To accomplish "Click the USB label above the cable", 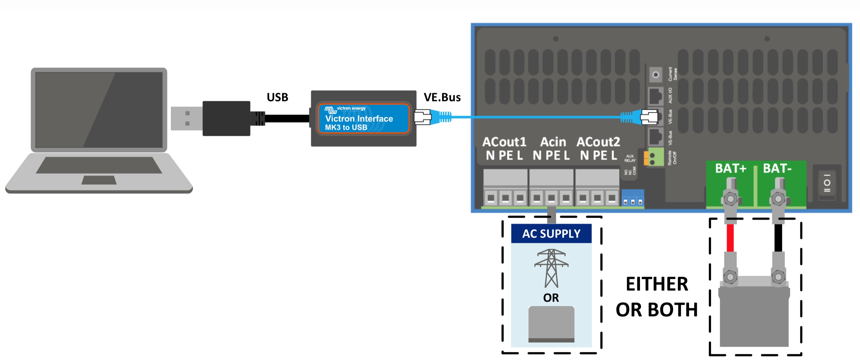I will pos(277,97).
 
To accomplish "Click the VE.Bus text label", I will pos(442,97).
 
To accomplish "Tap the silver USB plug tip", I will pos(186,118).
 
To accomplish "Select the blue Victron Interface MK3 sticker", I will pos(363,118).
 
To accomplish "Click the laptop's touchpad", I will pos(99,180).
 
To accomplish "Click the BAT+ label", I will pos(730,168).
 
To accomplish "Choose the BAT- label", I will pos(777,168).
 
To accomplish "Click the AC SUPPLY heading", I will pos(551,233).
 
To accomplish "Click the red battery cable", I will pos(730,238).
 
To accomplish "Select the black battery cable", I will pos(778,238).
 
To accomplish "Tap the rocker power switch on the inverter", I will pos(827,183).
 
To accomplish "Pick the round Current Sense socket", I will pos(655,75).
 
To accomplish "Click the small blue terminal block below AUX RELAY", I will pos(632,198).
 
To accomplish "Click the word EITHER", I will pos(656,284).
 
